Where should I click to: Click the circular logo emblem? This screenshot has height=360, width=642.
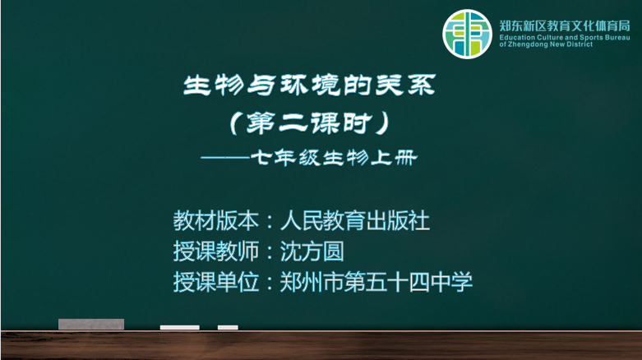467,34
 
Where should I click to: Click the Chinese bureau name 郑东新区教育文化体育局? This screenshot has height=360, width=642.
564,25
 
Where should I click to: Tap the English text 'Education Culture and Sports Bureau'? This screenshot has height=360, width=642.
564,37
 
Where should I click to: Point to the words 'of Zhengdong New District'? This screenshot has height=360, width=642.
546,44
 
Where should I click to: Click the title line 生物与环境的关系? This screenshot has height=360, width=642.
309,85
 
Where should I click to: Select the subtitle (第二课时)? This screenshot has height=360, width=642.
309,122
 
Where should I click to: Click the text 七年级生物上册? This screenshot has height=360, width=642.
334,158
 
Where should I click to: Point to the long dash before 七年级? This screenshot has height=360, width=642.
225,157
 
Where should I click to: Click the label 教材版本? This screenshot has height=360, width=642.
215,220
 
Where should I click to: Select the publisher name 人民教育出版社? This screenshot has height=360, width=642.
355,220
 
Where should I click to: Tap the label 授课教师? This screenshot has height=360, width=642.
215,251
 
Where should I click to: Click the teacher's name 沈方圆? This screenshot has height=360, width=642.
312,251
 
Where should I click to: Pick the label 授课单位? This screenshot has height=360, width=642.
215,282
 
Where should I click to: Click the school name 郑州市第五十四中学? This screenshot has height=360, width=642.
376,282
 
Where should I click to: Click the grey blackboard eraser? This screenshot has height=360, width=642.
91,324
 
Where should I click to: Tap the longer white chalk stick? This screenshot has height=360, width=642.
180,327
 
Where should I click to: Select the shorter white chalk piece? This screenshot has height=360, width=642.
228,327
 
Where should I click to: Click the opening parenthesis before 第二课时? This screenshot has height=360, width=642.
234,122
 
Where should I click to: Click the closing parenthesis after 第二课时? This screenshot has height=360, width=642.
383,122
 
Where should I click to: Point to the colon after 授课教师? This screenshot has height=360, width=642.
270,252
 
